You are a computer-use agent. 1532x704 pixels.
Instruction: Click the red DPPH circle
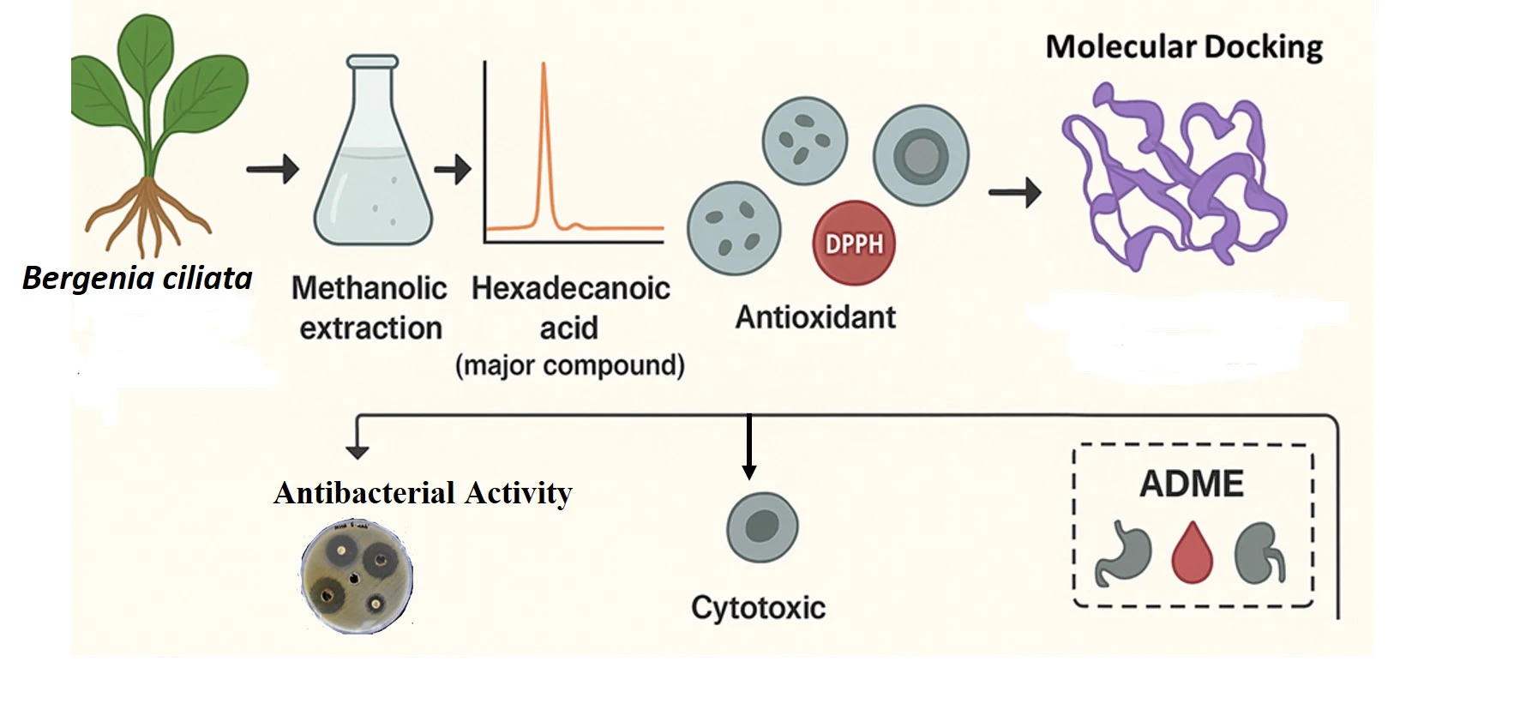click(x=853, y=244)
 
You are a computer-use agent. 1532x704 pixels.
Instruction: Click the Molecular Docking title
click(x=1183, y=46)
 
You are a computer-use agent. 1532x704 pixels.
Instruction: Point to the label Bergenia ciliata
click(x=137, y=278)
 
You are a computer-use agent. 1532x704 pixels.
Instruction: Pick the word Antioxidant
click(x=814, y=317)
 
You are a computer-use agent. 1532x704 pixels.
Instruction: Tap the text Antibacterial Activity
click(x=423, y=493)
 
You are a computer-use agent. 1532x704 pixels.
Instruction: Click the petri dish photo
click(x=357, y=576)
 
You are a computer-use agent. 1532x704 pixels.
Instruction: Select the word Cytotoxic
click(x=758, y=608)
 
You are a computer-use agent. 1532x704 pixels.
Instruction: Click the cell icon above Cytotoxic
click(x=762, y=526)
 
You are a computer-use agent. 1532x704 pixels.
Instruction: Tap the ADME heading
click(x=1191, y=484)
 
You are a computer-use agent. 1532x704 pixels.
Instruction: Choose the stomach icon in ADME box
click(x=1123, y=553)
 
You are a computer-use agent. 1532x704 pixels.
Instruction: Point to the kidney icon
click(x=1259, y=553)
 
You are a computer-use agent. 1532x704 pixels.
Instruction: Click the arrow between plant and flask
click(x=273, y=169)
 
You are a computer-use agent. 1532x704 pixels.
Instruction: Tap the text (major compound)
click(x=570, y=365)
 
